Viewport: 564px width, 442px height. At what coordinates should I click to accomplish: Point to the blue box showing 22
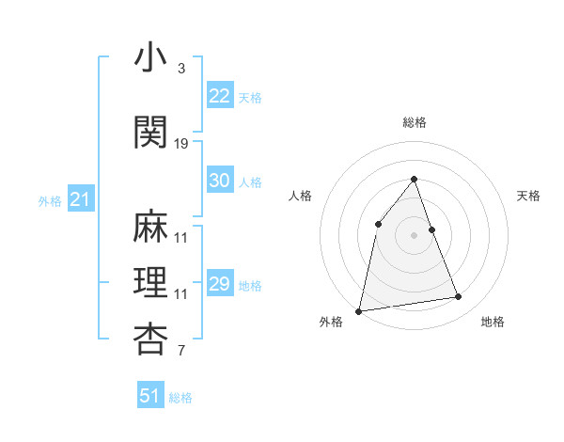pyautogui.click(x=219, y=96)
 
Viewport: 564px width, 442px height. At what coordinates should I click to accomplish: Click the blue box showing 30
pyautogui.click(x=219, y=181)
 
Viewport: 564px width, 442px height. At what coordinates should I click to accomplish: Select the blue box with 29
pyautogui.click(x=219, y=284)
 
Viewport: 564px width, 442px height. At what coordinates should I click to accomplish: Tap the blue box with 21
pyautogui.click(x=80, y=199)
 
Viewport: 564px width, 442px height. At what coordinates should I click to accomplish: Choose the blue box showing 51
pyautogui.click(x=150, y=396)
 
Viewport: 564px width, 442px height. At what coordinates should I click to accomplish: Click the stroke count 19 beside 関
pyautogui.click(x=181, y=144)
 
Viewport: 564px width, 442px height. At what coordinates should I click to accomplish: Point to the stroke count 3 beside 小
pyautogui.click(x=181, y=69)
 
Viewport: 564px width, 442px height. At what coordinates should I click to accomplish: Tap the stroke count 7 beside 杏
pyautogui.click(x=181, y=352)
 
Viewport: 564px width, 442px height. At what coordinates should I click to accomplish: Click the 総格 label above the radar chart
pyautogui.click(x=414, y=122)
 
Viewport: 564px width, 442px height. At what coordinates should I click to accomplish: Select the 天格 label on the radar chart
pyautogui.click(x=528, y=196)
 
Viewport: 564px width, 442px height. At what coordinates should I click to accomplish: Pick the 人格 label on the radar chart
pyautogui.click(x=300, y=196)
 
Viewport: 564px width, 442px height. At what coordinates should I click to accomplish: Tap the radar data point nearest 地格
pyautogui.click(x=459, y=297)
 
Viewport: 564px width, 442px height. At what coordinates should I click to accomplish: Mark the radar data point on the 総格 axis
pyautogui.click(x=414, y=180)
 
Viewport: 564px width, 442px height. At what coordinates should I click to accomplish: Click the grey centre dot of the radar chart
pyautogui.click(x=414, y=235)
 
